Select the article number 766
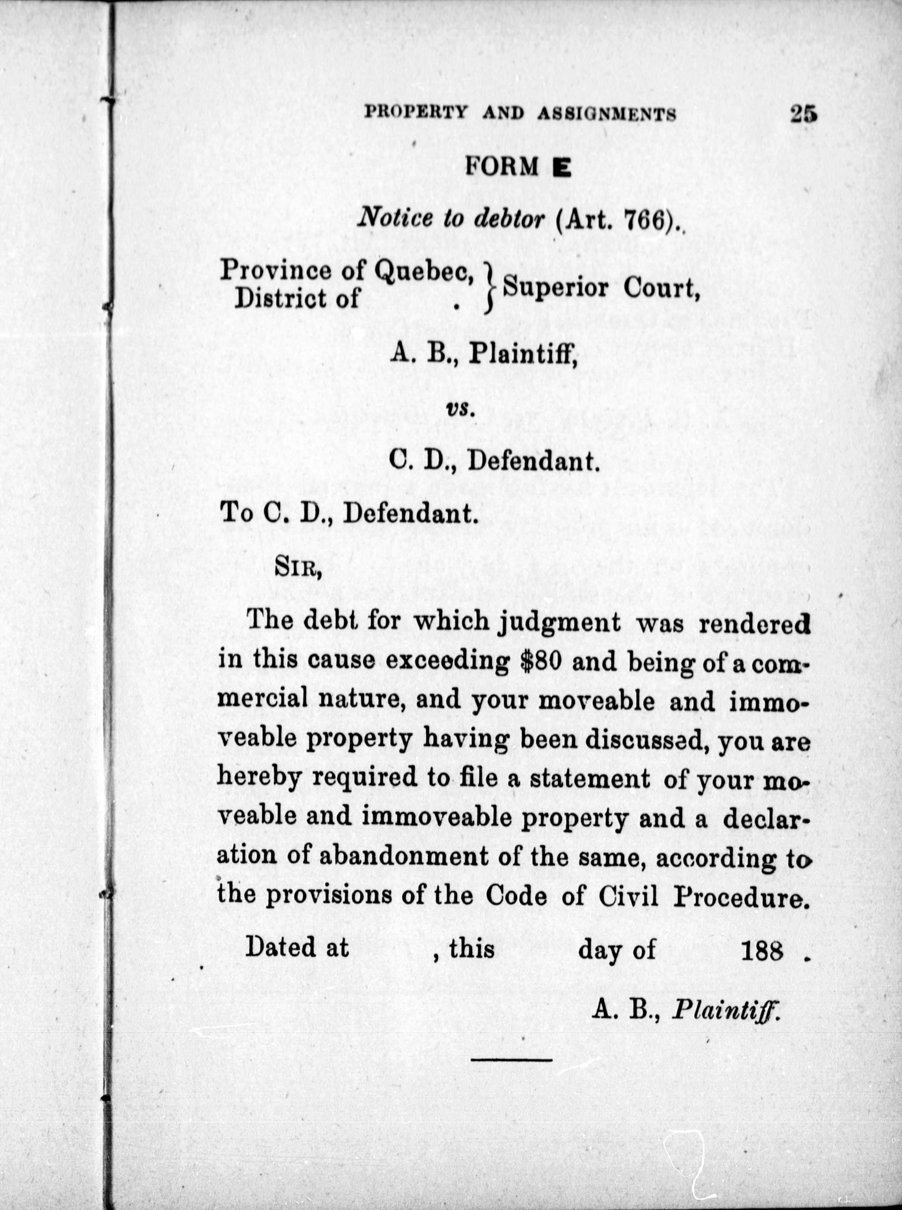[x=646, y=219]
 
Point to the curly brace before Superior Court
[x=492, y=287]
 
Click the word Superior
[x=555, y=287]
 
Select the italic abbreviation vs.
[x=460, y=408]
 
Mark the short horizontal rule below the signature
[x=512, y=1060]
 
